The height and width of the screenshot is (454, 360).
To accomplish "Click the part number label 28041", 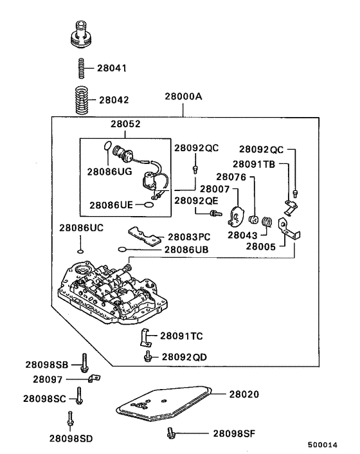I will [113, 67].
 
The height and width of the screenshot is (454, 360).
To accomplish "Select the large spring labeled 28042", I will [82, 100].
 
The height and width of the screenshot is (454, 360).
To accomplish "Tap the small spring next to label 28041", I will [82, 67].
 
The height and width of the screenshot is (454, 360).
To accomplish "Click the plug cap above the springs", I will [81, 35].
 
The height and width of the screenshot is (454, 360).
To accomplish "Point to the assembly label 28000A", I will [183, 97].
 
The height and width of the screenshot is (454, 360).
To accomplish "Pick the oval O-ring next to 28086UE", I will [148, 204].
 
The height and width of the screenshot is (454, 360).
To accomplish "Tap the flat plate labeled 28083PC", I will [144, 235].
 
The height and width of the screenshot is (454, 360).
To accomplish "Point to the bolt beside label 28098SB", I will [84, 363].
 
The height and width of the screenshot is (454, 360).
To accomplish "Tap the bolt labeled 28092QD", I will [148, 356].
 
